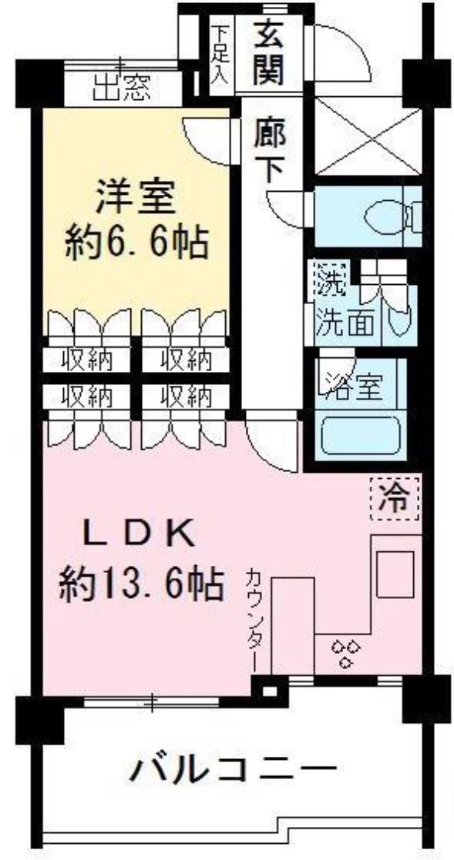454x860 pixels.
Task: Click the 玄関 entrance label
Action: [268, 51]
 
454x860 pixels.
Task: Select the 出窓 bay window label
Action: [121, 89]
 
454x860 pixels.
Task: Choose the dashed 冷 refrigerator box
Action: [395, 499]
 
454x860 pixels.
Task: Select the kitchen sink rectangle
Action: [395, 574]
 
